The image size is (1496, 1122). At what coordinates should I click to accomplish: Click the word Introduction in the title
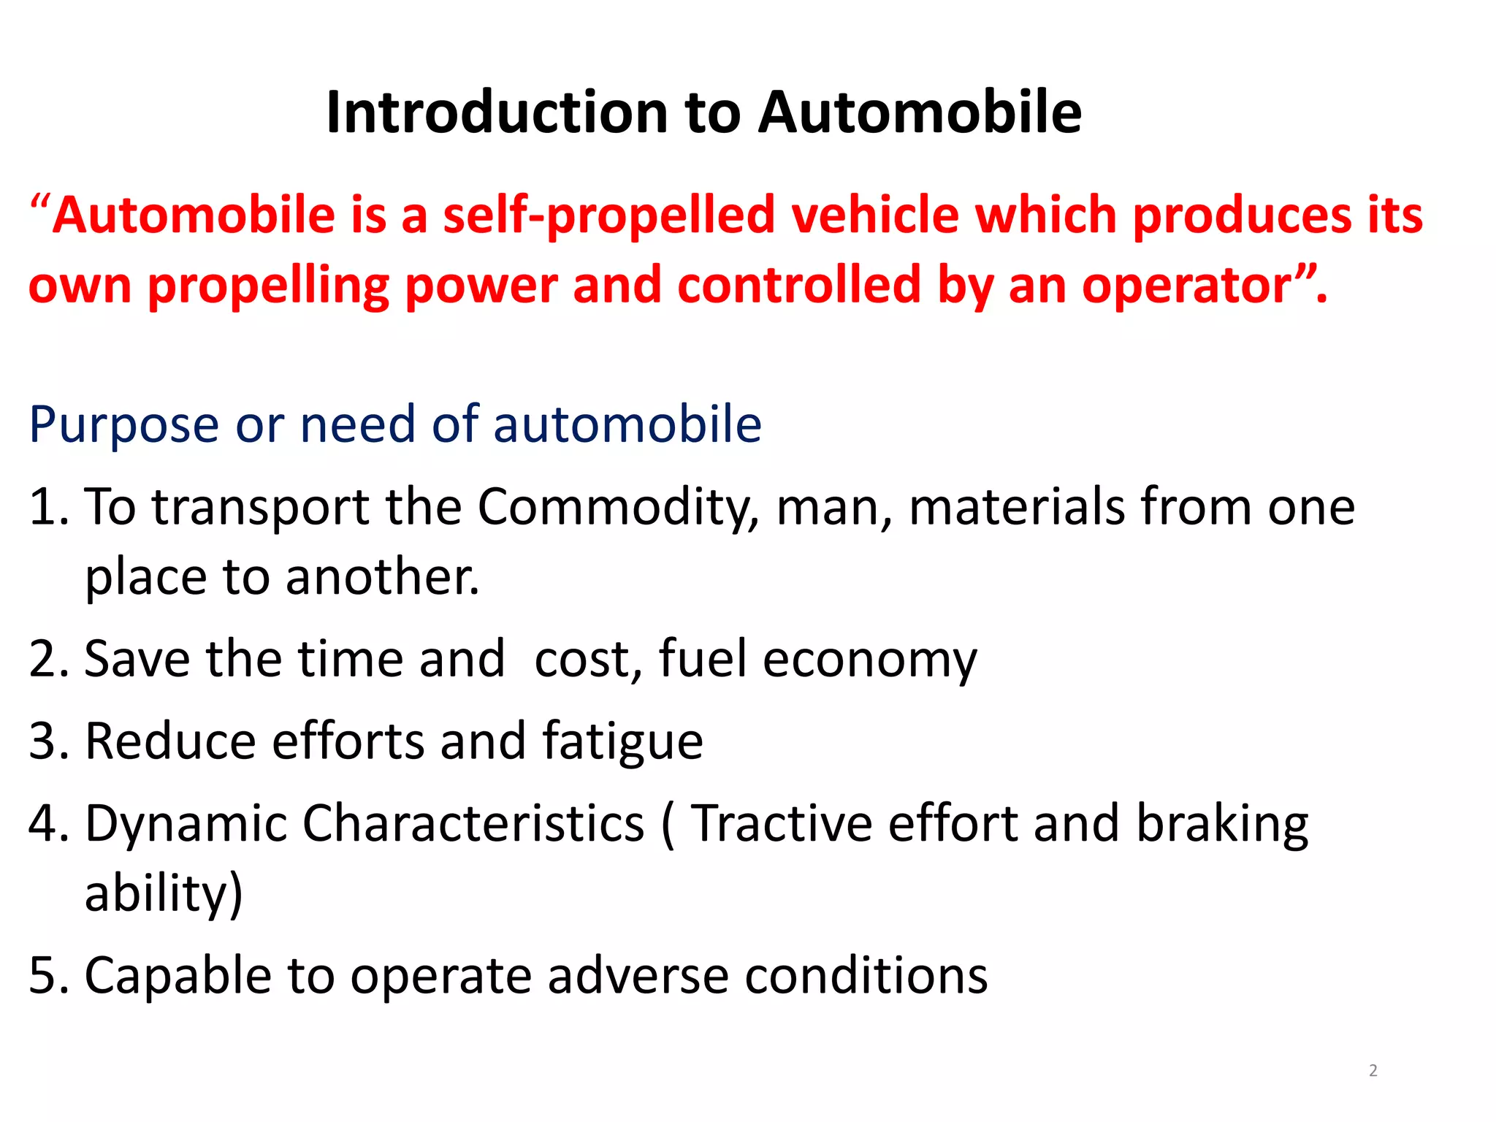(x=497, y=113)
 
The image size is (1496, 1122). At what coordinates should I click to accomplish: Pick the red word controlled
(x=799, y=285)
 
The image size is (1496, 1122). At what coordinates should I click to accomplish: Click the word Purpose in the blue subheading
(x=123, y=425)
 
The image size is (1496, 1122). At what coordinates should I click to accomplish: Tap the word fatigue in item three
(x=622, y=742)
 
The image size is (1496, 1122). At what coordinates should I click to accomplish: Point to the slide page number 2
(x=1373, y=1071)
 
